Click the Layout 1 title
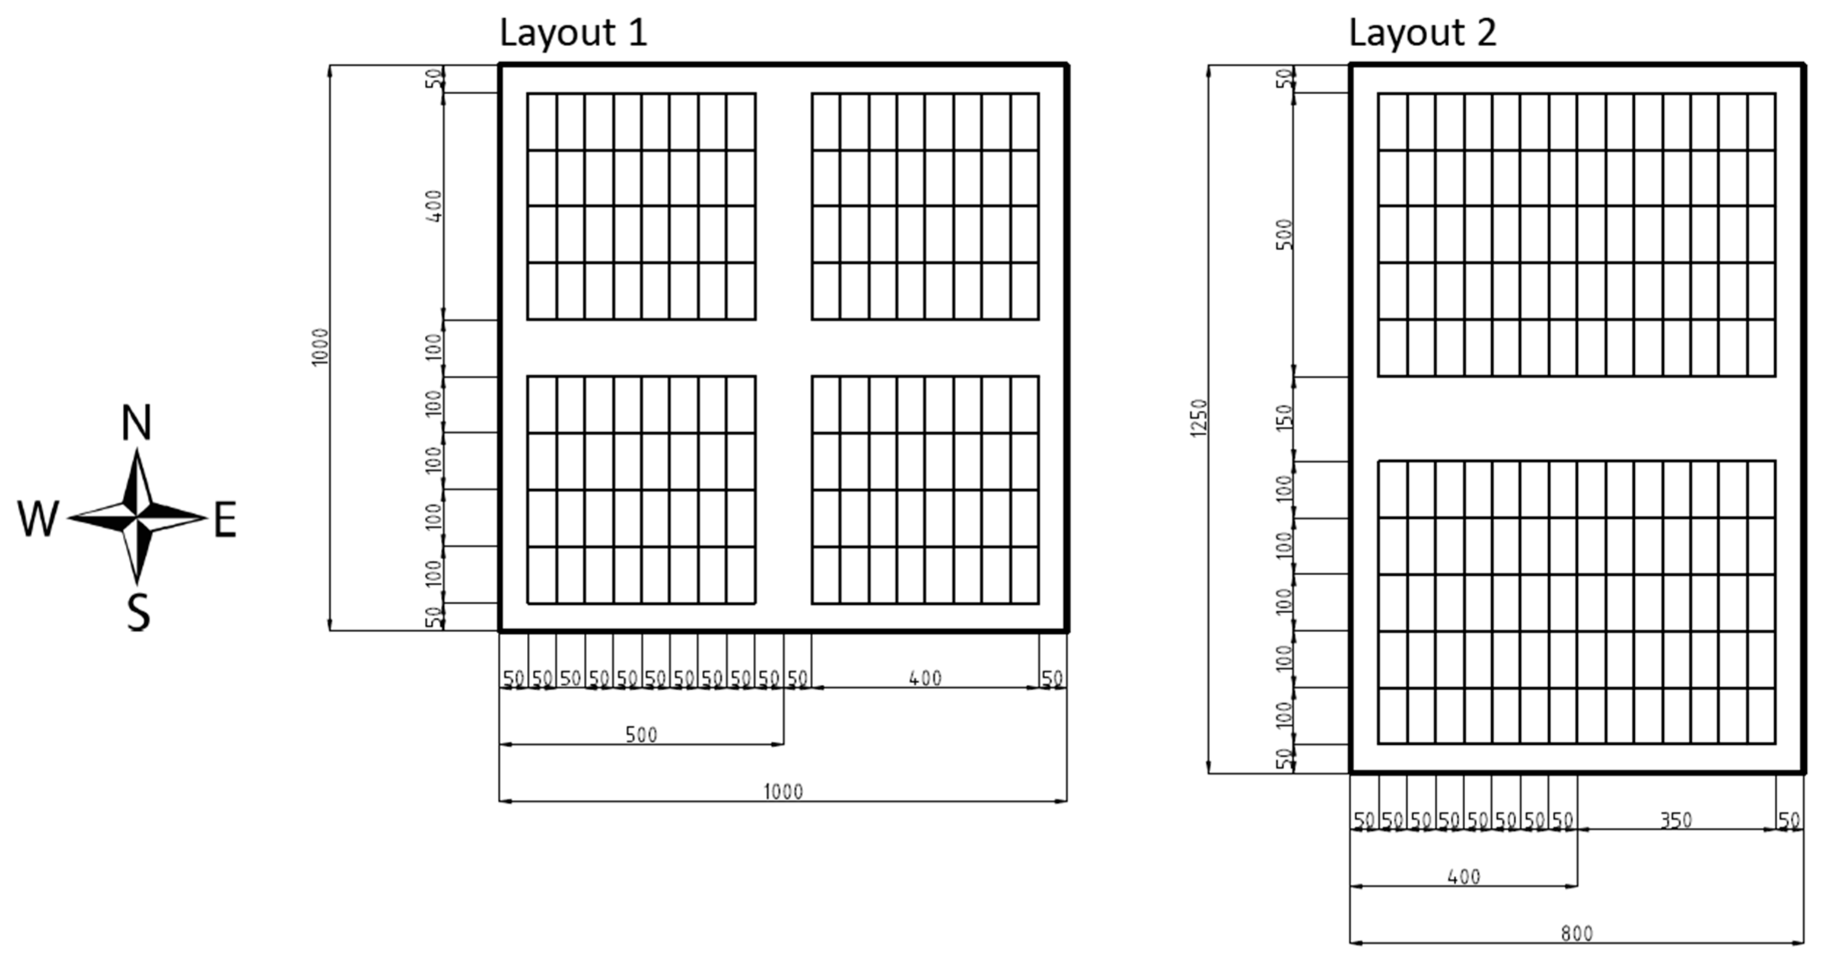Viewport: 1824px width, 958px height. (573, 33)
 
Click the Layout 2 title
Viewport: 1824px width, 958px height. (1422, 33)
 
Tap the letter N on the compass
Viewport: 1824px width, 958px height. (137, 423)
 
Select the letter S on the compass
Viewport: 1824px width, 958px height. (138, 612)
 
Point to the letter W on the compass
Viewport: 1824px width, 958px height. (38, 518)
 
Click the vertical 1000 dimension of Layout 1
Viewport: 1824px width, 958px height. (321, 347)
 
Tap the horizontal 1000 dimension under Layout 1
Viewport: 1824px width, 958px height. (783, 791)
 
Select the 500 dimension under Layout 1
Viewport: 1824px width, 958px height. (641, 734)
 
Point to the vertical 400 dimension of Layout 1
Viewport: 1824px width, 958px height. (435, 206)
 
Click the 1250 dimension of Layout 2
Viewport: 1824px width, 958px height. (1199, 418)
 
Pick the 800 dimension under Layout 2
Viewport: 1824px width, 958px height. (1577, 933)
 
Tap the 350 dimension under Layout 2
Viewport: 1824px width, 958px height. (1676, 820)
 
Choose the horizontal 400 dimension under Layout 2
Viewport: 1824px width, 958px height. (1464, 876)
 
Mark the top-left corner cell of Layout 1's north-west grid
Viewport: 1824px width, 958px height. (542, 122)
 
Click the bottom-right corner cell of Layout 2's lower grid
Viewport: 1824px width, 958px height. (1761, 716)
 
